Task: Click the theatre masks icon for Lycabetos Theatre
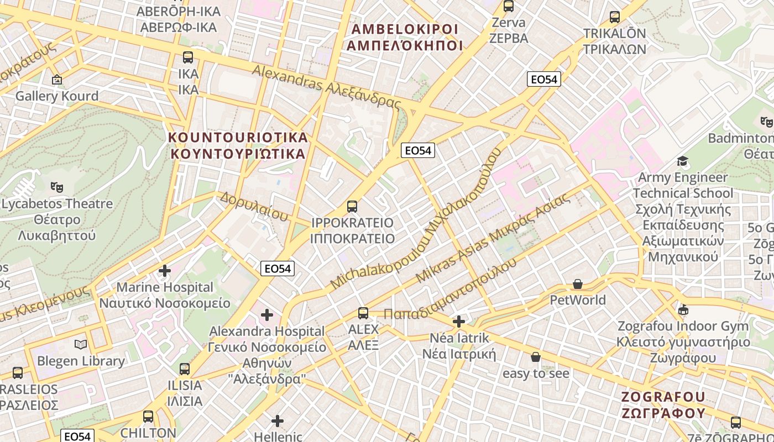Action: point(56,187)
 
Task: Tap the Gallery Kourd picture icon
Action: point(56,80)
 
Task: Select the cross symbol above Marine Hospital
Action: point(165,271)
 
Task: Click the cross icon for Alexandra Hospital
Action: point(267,315)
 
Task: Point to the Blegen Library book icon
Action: point(81,345)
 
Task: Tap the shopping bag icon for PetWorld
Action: point(578,284)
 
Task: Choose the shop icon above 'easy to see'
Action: point(535,357)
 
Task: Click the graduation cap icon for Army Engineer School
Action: point(683,161)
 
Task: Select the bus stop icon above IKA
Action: point(188,57)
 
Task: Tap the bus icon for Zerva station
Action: point(509,7)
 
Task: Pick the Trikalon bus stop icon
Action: point(614,17)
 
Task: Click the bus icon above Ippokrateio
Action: point(352,207)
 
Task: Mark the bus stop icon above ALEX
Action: point(363,313)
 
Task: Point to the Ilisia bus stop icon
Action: point(185,369)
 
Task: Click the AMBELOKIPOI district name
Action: point(404,37)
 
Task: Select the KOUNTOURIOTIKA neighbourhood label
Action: point(238,145)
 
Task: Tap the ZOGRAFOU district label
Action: point(663,405)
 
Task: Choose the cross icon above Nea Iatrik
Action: point(459,322)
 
